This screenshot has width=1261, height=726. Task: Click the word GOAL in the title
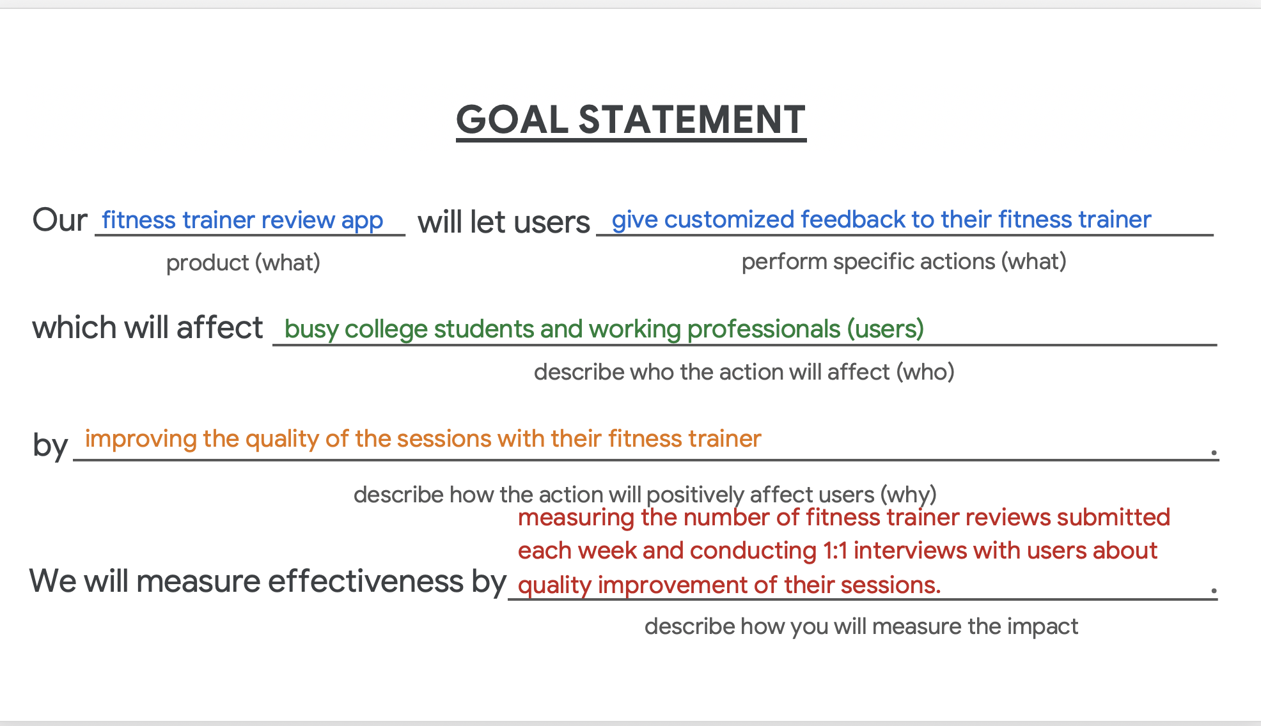pyautogui.click(x=512, y=120)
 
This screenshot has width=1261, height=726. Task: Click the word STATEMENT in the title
pyautogui.click(x=692, y=120)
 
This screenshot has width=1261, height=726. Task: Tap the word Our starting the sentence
pyautogui.click(x=59, y=220)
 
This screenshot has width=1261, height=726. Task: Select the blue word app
pyautogui.click(x=362, y=221)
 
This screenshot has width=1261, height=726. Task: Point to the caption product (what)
pyautogui.click(x=243, y=263)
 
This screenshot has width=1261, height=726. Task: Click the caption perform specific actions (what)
pyautogui.click(x=904, y=261)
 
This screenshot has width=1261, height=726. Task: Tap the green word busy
pyautogui.click(x=311, y=329)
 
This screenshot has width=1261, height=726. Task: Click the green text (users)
pyautogui.click(x=886, y=329)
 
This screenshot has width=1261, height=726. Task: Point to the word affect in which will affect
pyautogui.click(x=219, y=328)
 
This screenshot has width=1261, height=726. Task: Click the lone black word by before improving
pyautogui.click(x=50, y=445)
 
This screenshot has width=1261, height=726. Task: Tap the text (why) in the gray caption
pyautogui.click(x=908, y=495)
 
